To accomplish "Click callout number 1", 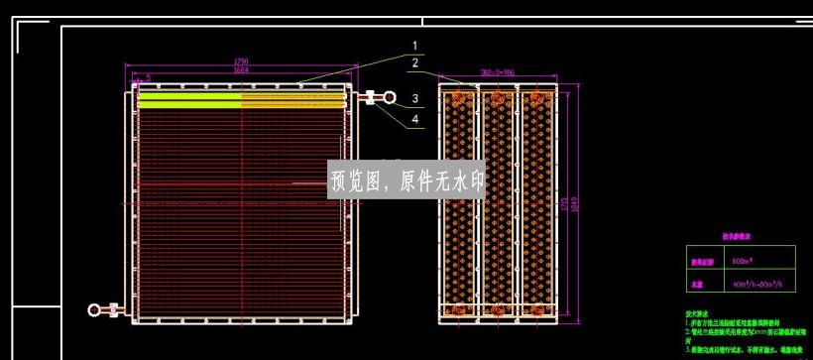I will coord(416,45).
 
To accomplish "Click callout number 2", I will coord(416,63).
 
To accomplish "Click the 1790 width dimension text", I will coord(240,61).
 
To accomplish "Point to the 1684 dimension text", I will coord(240,70).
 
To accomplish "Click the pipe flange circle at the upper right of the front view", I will coord(391,98).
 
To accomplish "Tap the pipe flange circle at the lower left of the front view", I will coord(94,310).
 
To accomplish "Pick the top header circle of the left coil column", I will coord(459,98).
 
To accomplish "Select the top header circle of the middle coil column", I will coord(499,98).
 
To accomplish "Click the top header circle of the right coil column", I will coord(537,98).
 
